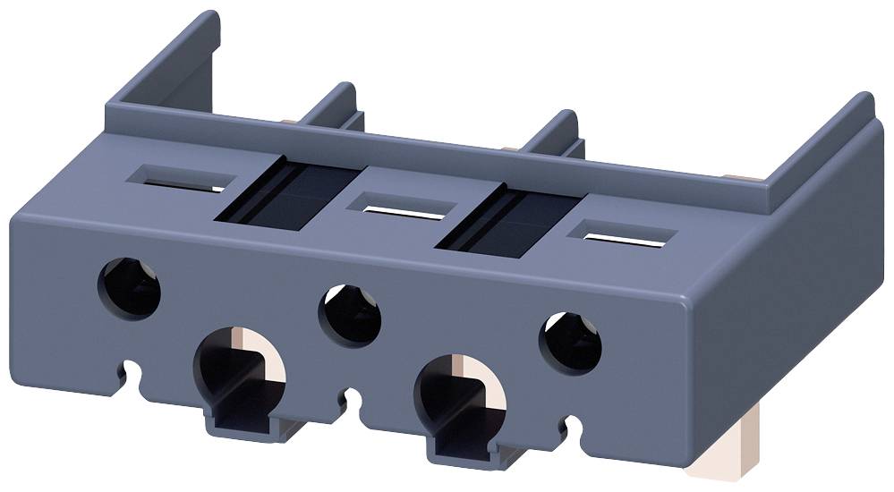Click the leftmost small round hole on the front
click(x=131, y=287)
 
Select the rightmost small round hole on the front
click(x=569, y=343)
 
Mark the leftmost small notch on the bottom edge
click(x=133, y=368)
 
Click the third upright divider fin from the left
click(x=555, y=134)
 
